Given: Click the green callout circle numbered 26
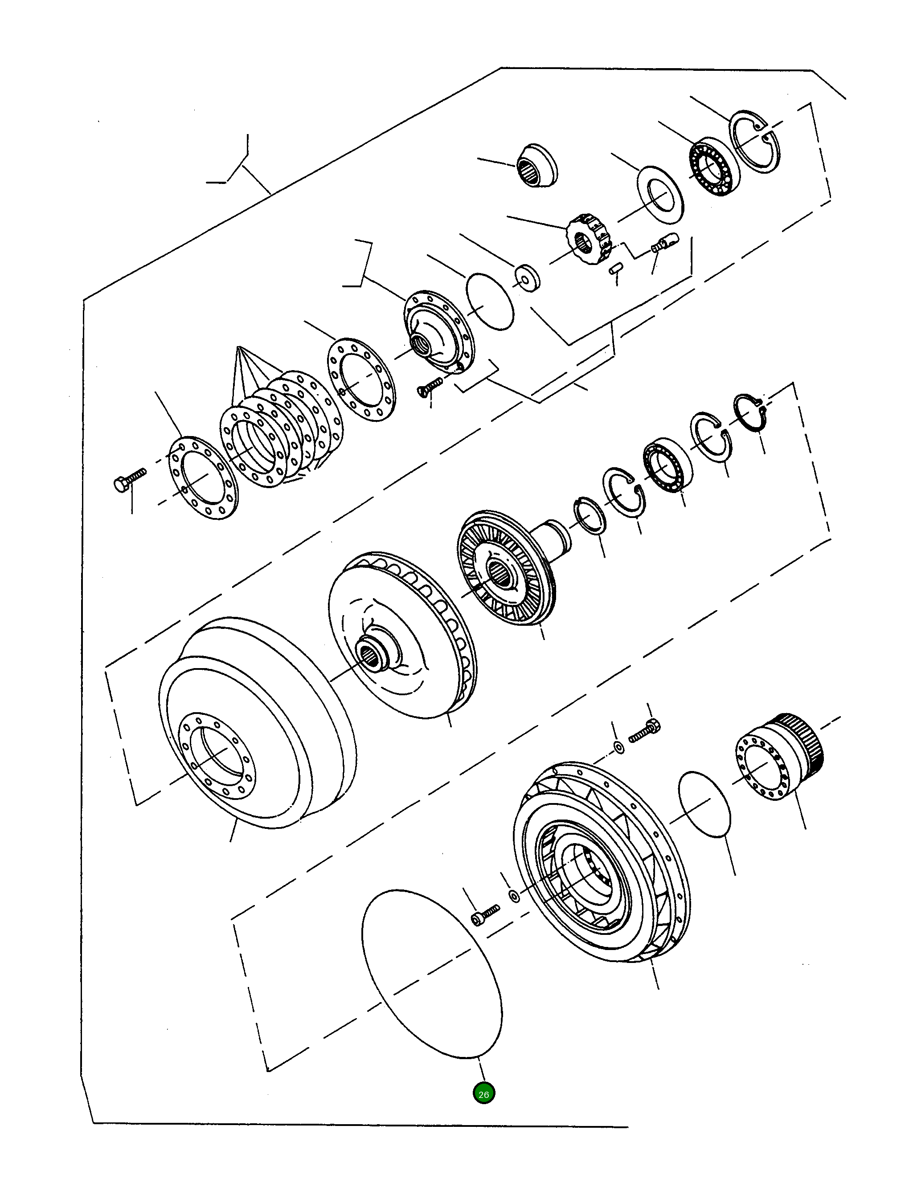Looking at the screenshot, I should click(x=483, y=1093).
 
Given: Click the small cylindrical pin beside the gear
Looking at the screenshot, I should click(x=614, y=269).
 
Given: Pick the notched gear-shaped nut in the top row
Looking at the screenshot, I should click(x=589, y=240).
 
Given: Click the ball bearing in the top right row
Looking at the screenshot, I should click(x=714, y=167).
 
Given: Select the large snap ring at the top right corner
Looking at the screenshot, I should click(x=754, y=142).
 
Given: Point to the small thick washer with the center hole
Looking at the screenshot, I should click(x=527, y=277).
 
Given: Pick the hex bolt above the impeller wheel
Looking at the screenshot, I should click(x=646, y=733).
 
